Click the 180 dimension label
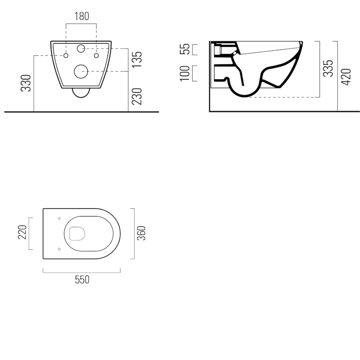tap(82, 16)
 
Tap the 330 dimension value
tap(26, 83)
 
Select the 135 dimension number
tap(137, 59)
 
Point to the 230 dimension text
tap(137, 96)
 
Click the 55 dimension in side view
tap(185, 49)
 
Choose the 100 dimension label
tap(185, 73)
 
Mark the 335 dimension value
tap(328, 68)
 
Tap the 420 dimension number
tap(346, 77)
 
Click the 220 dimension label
tap(22, 232)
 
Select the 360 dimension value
tap(141, 233)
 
